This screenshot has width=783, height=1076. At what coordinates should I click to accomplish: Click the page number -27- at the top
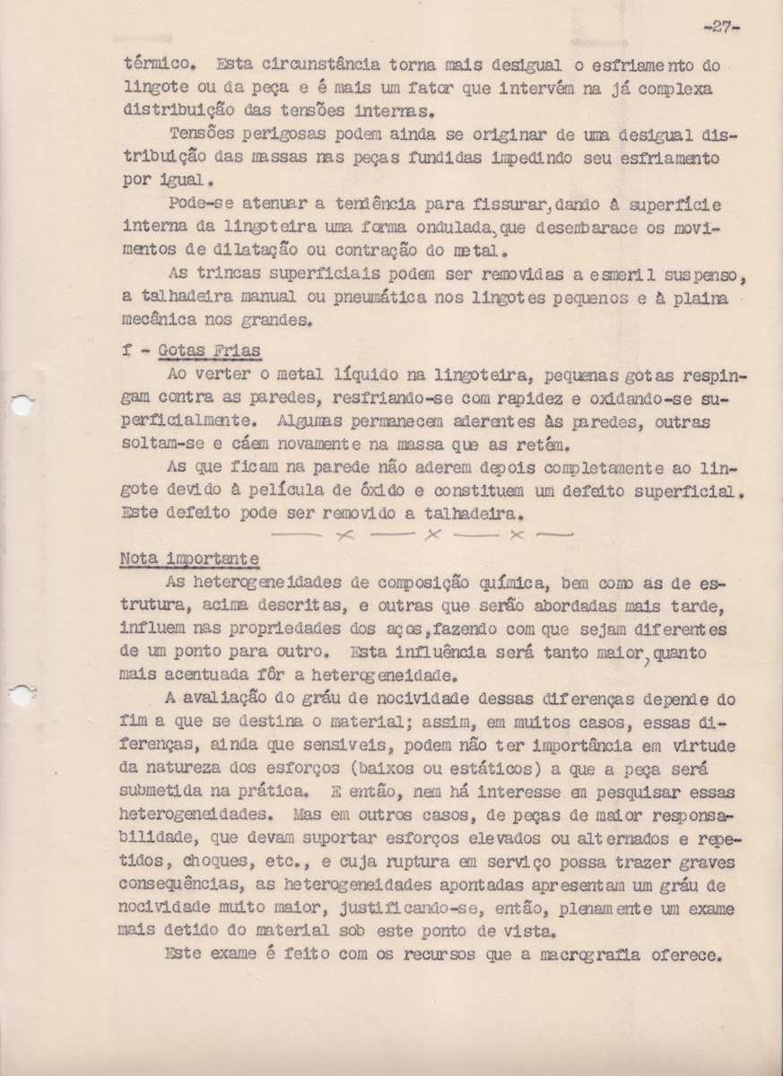click(x=721, y=26)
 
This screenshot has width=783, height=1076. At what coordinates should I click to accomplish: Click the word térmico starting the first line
click(x=152, y=65)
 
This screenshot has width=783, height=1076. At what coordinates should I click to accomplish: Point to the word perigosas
click(x=263, y=135)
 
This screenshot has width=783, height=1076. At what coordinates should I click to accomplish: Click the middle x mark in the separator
click(x=433, y=535)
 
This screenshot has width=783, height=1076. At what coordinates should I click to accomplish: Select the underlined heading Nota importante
click(x=189, y=559)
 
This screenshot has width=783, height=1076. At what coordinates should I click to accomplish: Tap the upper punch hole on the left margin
click(x=21, y=404)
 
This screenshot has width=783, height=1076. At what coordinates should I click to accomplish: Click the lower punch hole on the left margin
click(x=21, y=693)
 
